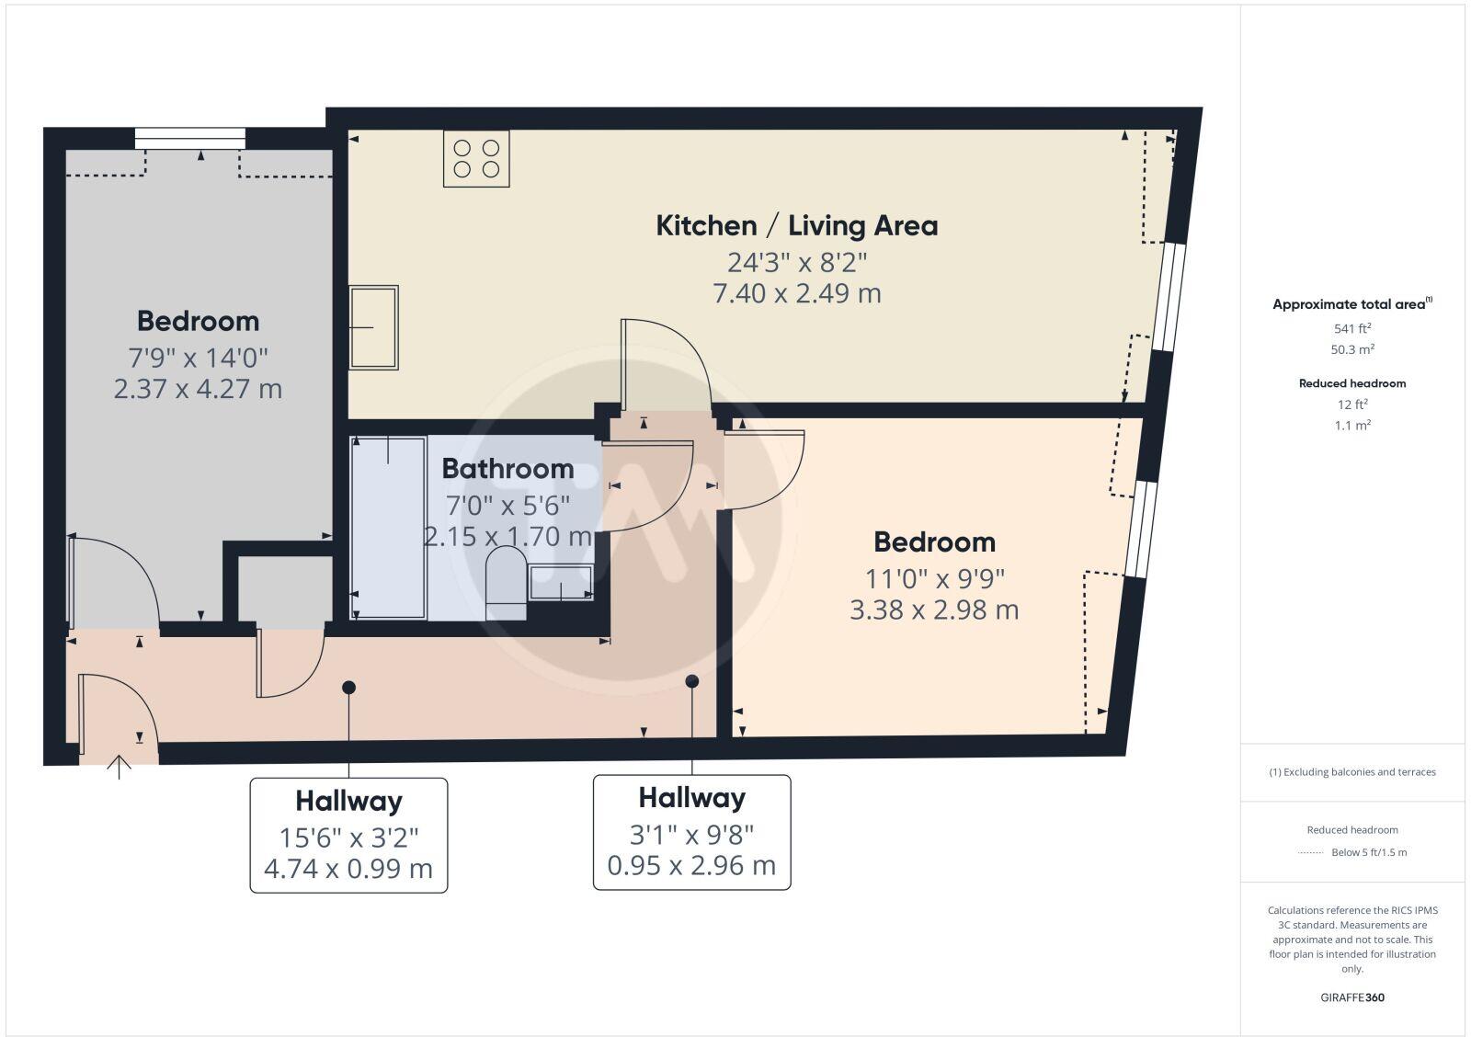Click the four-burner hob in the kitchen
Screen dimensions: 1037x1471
tap(476, 158)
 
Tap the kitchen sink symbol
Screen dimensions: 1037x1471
tap(373, 327)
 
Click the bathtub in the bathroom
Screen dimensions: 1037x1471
tap(388, 528)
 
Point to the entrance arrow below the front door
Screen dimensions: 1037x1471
tap(120, 767)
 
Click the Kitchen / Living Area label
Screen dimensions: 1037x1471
tap(796, 226)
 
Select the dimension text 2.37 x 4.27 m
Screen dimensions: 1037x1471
tap(198, 389)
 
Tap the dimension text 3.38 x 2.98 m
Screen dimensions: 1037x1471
tap(934, 610)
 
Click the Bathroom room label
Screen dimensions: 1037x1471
tap(507, 469)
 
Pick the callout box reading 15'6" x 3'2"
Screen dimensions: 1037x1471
tap(348, 835)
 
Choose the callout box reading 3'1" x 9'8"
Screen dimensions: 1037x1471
tap(691, 832)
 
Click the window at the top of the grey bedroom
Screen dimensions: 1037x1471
tap(190, 138)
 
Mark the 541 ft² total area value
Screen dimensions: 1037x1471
tap(1352, 328)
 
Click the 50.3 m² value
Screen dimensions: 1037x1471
tap(1352, 349)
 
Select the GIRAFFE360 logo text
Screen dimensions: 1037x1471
tap(1351, 997)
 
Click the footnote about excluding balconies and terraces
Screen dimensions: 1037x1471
tap(1352, 772)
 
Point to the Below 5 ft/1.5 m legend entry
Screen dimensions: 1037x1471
tap(1368, 852)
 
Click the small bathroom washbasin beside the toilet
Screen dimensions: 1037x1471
tap(561, 584)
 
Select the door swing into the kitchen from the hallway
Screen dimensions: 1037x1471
tap(664, 364)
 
